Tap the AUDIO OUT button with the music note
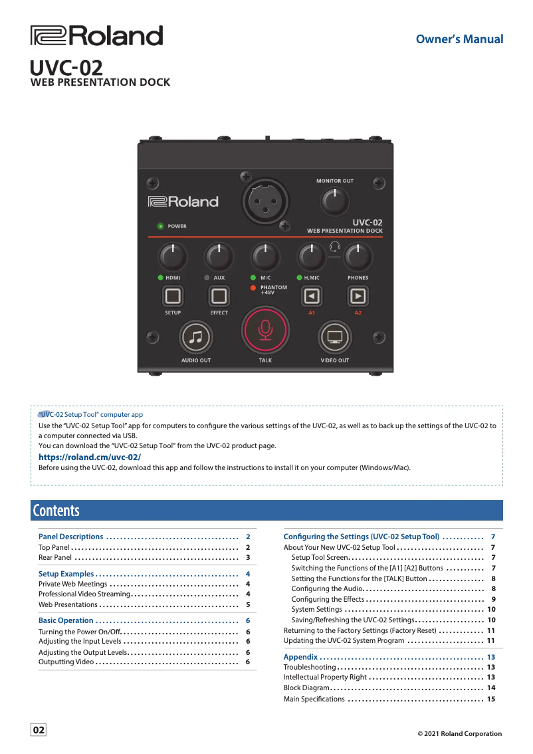[x=196, y=337]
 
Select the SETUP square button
[x=173, y=295]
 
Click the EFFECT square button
[x=219, y=295]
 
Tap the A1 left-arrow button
[x=311, y=295]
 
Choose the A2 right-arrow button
[x=358, y=295]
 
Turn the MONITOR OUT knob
[x=335, y=200]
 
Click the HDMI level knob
[x=173, y=256]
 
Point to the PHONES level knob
[x=358, y=256]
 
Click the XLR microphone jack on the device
[x=265, y=199]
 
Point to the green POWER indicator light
[x=160, y=226]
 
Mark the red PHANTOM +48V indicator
[x=253, y=288]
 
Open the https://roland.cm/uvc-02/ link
[x=90, y=457]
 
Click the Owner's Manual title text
[x=459, y=39]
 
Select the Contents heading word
[x=56, y=511]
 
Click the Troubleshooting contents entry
[x=310, y=667]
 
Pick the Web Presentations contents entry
[x=68, y=605]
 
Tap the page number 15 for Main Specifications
[x=491, y=699]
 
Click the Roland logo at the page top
[x=97, y=36]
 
